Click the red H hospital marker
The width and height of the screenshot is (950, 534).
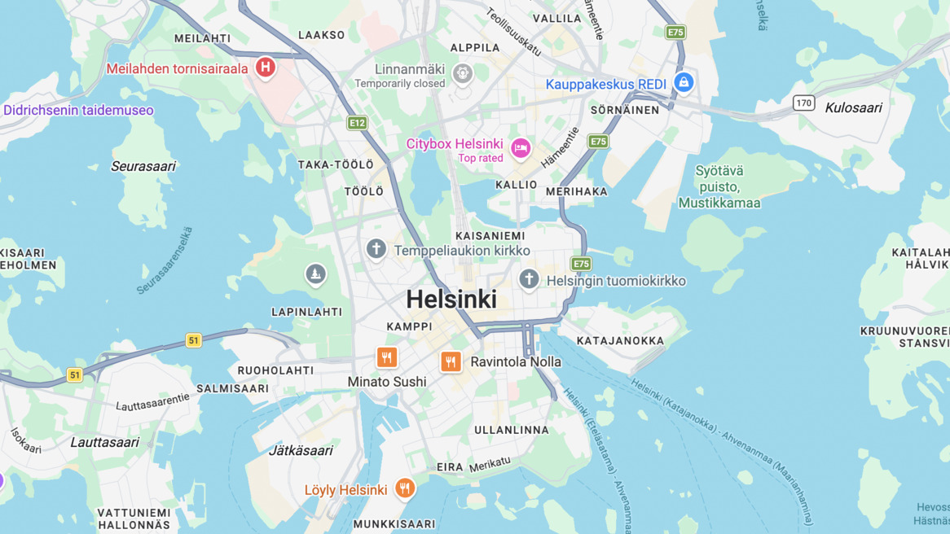point(265,67)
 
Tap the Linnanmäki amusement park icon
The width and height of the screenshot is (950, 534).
point(463,73)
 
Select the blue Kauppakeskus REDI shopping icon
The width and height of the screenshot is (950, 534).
point(684,81)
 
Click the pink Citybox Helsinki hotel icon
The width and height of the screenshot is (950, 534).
point(521,147)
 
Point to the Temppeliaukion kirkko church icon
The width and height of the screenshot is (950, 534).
point(376,248)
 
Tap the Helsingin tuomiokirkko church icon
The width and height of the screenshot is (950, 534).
point(529,279)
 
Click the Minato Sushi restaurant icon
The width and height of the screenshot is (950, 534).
point(387,357)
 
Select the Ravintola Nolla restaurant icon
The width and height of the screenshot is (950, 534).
point(451,361)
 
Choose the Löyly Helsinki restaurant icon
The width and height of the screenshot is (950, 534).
point(405,488)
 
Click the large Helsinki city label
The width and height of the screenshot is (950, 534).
point(451,300)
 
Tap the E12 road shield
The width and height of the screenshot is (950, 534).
point(357,123)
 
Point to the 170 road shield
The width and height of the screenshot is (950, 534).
point(804,103)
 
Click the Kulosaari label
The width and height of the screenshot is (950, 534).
point(853,107)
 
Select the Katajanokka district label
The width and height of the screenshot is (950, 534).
point(620,341)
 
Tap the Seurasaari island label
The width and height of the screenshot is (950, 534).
point(143,166)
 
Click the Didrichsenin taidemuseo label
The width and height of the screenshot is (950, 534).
point(78,110)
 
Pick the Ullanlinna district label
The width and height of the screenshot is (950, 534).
point(512,430)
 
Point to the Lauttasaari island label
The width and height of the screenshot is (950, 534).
point(104,442)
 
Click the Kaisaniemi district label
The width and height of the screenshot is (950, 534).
point(490,236)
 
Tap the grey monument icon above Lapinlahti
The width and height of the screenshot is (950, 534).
point(315,274)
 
